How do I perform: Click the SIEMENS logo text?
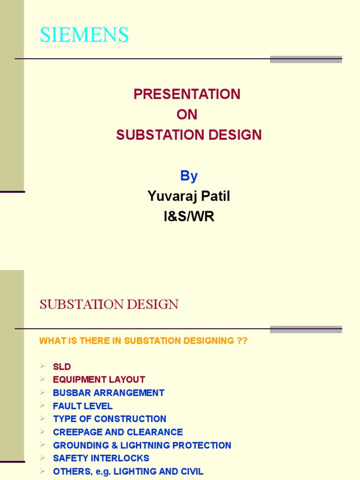point(84,35)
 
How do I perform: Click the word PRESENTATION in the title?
point(187,94)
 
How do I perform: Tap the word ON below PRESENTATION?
point(187,115)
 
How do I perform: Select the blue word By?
point(189,176)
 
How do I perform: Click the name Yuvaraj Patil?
point(189,196)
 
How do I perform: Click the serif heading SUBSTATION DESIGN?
point(109,305)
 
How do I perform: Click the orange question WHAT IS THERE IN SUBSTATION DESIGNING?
point(143,341)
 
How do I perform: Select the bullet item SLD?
point(62,367)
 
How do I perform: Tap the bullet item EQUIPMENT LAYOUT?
point(99,380)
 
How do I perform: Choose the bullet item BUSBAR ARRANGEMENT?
point(109,393)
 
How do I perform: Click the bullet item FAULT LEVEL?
point(83,406)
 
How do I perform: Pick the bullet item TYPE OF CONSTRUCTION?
point(110,419)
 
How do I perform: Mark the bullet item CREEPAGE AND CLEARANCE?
point(118,432)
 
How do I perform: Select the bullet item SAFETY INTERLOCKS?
point(101,458)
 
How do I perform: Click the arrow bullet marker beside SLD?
point(43,366)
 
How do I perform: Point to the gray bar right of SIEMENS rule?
point(306,59)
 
